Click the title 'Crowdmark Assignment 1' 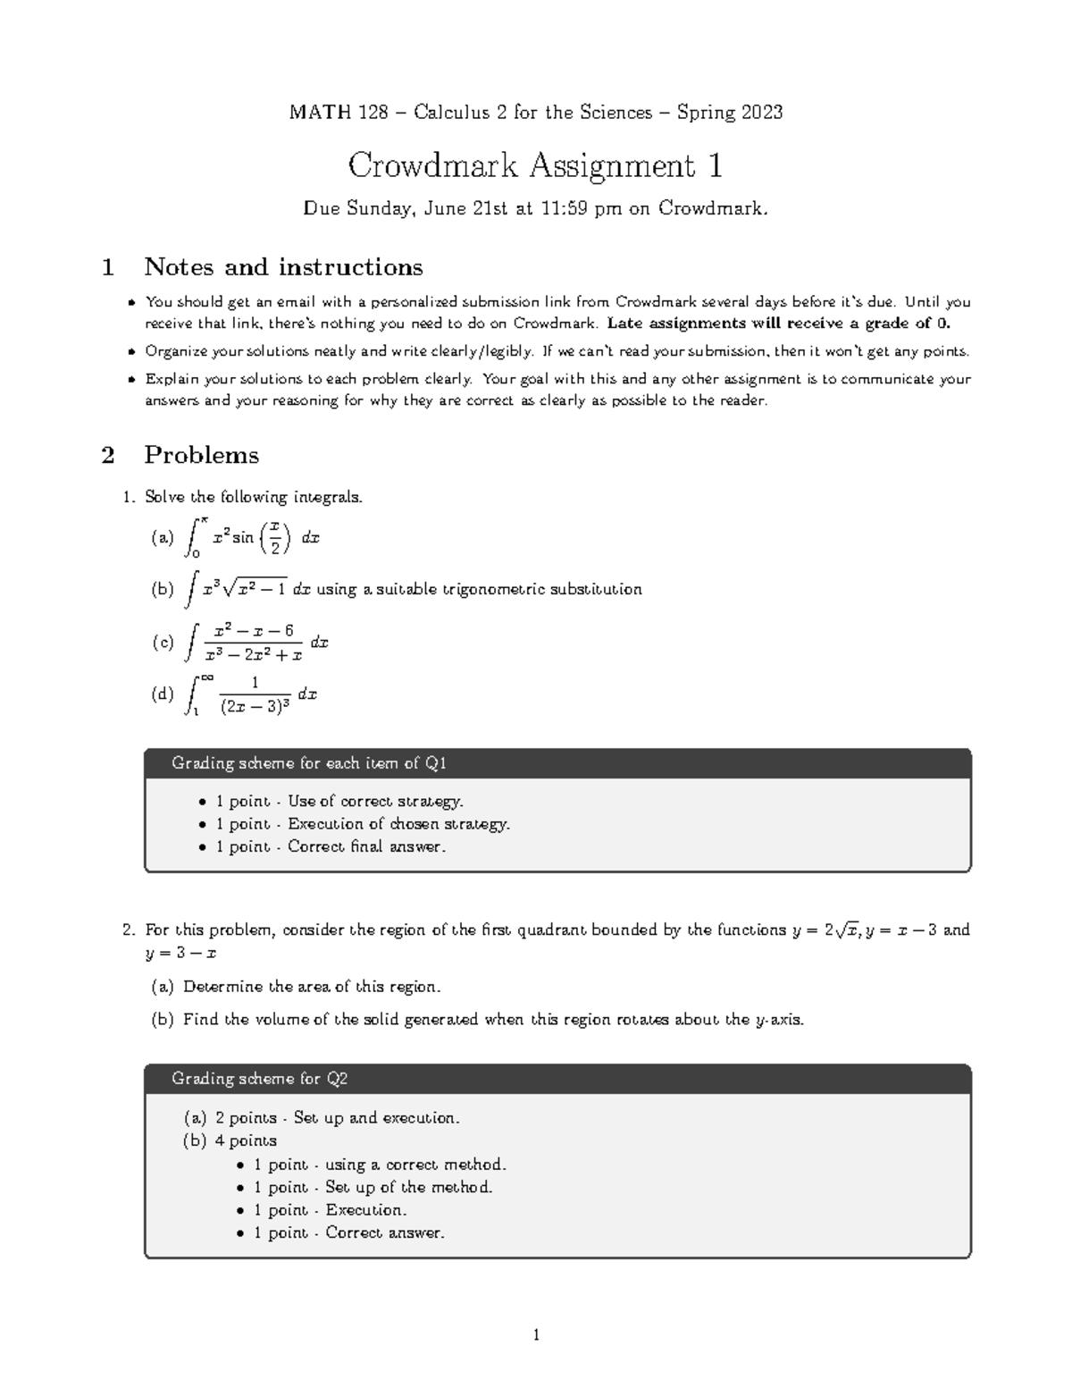[535, 165]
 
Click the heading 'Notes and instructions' [283, 267]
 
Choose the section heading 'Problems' [201, 455]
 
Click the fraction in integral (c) [255, 643]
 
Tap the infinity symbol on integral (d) [206, 678]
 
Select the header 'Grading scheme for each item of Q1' [309, 763]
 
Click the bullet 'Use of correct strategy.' [375, 802]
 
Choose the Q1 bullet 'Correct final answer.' [366, 846]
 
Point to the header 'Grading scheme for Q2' [259, 1079]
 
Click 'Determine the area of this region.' [312, 987]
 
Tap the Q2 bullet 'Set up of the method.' [408, 1187]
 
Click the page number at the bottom [536, 1335]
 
